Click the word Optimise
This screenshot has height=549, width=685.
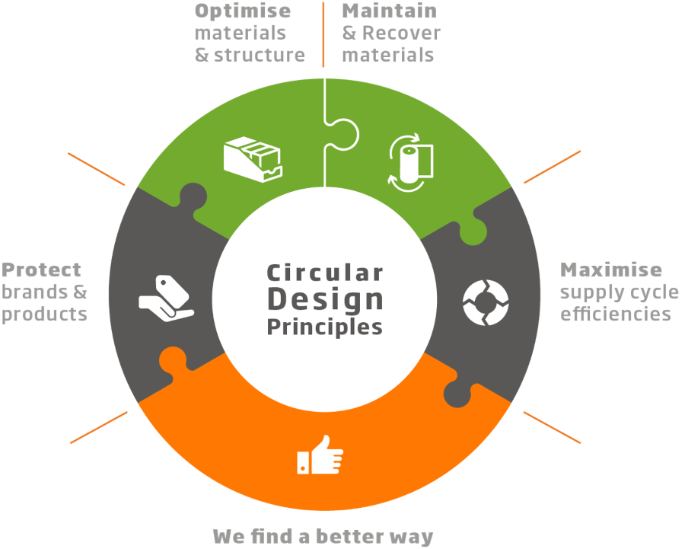tap(243, 11)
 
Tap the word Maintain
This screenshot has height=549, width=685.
tap(389, 11)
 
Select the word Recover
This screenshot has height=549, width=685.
tap(401, 33)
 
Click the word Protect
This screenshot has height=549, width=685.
tap(41, 270)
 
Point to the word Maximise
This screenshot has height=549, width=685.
tap(611, 270)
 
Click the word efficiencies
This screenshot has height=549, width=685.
tap(616, 314)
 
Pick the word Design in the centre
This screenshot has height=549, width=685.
tap(326, 300)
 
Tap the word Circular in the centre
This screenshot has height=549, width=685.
tap(325, 273)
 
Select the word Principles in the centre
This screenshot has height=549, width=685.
tap(324, 327)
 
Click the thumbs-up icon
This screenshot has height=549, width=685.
tap(320, 455)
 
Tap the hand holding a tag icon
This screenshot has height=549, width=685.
tap(166, 298)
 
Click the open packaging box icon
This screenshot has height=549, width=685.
tap(253, 159)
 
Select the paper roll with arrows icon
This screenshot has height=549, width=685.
tap(411, 163)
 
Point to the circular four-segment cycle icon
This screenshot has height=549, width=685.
tap(486, 302)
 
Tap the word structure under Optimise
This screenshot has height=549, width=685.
tap(260, 55)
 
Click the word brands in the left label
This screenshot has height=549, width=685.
tap(34, 292)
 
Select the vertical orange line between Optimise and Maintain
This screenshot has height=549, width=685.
tap(323, 34)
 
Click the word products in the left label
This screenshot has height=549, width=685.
tap(45, 314)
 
